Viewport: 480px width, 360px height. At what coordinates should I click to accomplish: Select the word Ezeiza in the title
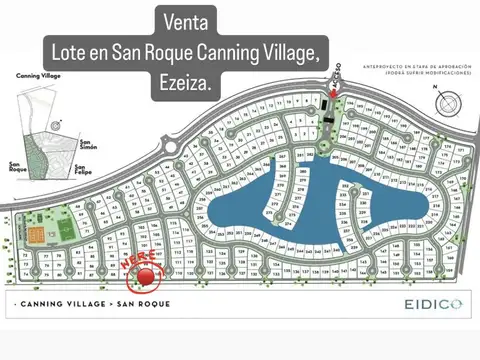click(x=184, y=85)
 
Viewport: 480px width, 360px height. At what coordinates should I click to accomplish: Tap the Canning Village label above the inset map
click(x=37, y=75)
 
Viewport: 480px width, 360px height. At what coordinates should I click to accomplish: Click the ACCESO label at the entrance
click(x=337, y=76)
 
